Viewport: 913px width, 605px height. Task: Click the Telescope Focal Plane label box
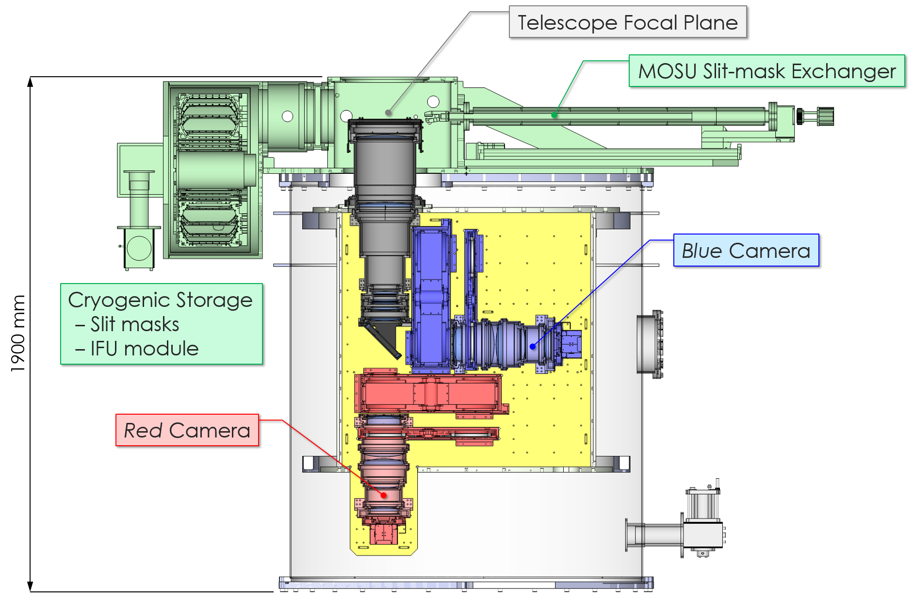point(627,22)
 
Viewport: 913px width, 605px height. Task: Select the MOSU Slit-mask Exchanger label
point(766,71)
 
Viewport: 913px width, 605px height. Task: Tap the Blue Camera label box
point(746,251)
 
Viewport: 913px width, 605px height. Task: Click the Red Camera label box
point(187,430)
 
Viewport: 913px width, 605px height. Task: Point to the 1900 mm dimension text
point(17,334)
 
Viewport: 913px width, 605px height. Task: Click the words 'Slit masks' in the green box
point(134,324)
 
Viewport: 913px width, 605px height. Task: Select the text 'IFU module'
point(144,349)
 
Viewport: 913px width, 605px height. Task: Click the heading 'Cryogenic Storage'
point(160,300)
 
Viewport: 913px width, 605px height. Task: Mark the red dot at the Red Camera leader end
point(384,495)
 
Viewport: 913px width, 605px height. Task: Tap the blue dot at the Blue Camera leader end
point(533,346)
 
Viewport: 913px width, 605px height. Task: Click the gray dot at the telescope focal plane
point(388,113)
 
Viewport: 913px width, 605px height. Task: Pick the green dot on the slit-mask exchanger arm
point(554,115)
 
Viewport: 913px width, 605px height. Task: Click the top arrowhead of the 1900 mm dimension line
point(31,82)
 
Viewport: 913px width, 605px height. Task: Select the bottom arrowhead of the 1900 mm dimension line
point(31,586)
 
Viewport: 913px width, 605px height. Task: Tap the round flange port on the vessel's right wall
point(650,344)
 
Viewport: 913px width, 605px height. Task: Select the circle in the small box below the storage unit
point(139,248)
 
